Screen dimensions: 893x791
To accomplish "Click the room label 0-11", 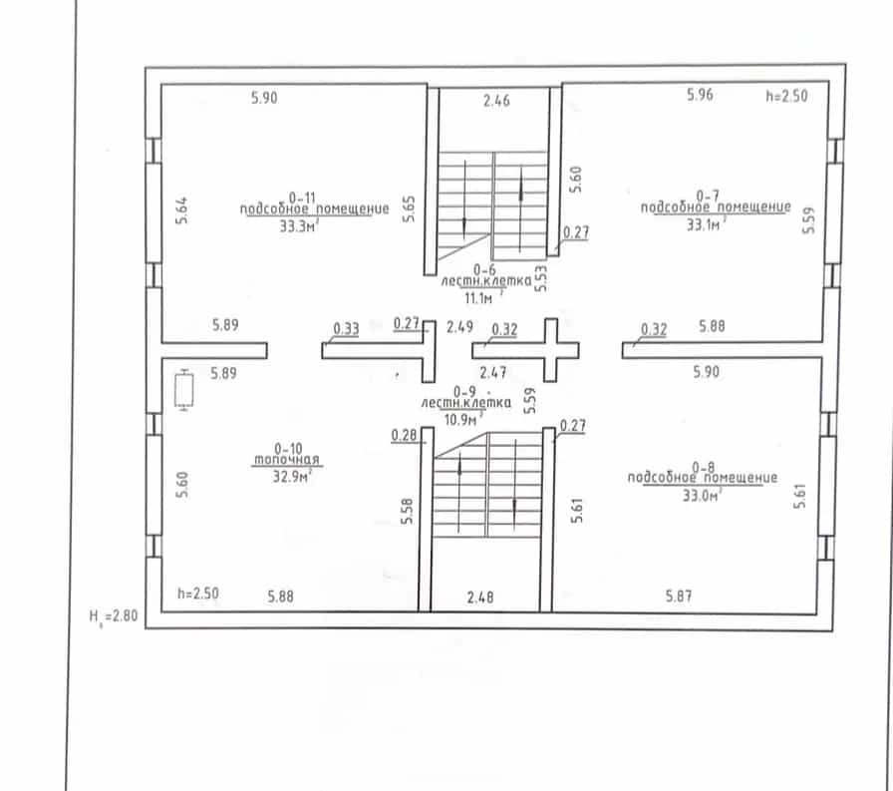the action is (302, 198).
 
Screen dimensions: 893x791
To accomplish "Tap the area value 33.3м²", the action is (299, 226).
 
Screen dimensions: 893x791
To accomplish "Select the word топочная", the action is (286, 460).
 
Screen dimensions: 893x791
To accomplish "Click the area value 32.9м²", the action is (292, 476).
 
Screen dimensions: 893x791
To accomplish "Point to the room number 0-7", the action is (708, 197).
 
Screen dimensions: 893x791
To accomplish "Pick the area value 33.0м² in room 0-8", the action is (703, 495).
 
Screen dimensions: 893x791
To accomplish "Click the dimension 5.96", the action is (700, 94).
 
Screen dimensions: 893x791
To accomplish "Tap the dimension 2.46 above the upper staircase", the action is (496, 101).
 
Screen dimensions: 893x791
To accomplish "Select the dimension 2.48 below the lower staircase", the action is (480, 597).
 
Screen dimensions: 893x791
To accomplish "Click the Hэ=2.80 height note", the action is (114, 616).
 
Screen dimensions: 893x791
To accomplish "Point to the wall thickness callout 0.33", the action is (346, 329).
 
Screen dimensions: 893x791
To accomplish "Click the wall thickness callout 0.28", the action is (404, 435).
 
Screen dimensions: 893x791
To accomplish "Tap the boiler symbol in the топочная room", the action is (184, 389).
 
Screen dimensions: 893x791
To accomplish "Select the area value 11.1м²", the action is (482, 298).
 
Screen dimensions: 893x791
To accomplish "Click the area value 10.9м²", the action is (463, 419).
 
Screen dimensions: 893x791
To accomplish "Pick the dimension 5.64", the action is (181, 210).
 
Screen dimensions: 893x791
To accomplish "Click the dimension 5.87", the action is (679, 596).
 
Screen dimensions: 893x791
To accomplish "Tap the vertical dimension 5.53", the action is (541, 278).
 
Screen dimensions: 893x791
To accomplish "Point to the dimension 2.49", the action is (459, 326).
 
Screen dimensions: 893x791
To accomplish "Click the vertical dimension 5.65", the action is (409, 208).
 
